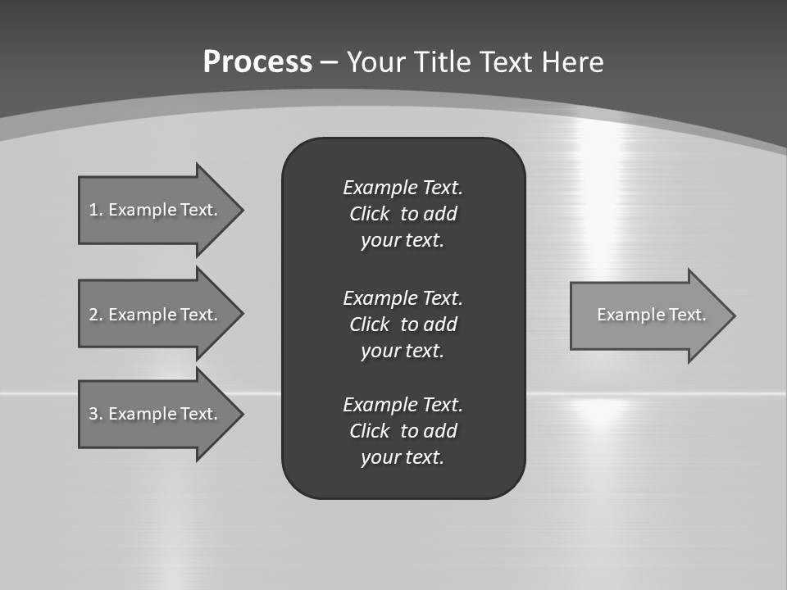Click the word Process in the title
coord(257,62)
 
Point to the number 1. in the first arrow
coord(95,210)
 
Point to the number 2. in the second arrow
coord(96,315)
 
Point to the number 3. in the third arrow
coord(96,414)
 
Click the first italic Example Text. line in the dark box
coord(403,188)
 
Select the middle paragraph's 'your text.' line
coord(403,351)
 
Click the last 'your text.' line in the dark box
coord(403,457)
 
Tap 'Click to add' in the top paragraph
coord(403,214)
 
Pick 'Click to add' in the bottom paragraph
coord(403,431)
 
